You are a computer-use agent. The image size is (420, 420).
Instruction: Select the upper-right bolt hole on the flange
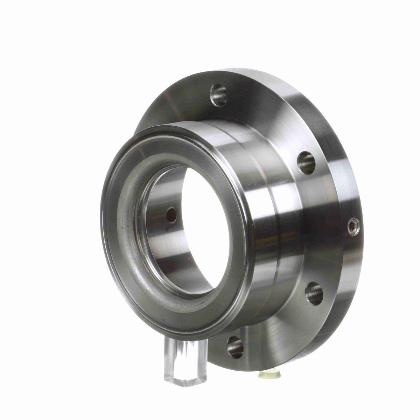tap(307, 162)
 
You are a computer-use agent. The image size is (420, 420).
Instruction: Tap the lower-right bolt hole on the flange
tap(314, 293)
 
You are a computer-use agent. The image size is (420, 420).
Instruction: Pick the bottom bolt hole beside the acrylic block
tap(235, 347)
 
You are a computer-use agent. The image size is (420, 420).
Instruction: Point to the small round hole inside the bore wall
tap(171, 215)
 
